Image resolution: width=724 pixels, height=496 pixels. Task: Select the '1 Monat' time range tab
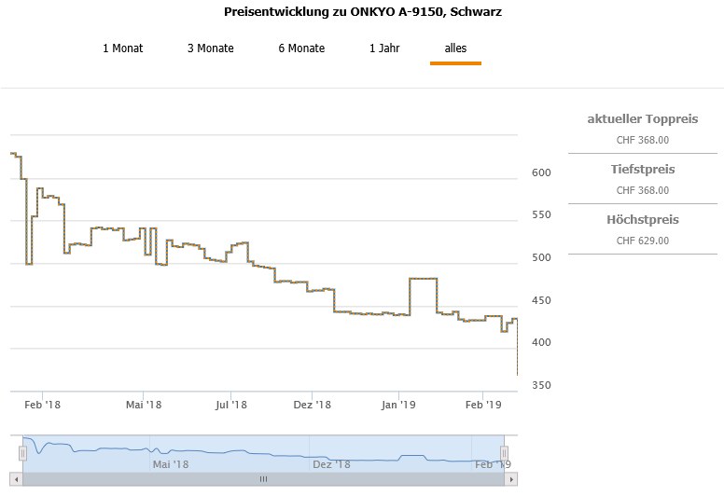[x=123, y=48]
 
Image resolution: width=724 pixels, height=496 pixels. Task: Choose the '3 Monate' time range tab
[x=211, y=48]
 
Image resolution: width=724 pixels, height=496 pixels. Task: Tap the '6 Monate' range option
[x=301, y=48]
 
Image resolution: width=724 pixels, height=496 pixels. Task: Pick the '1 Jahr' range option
[x=384, y=48]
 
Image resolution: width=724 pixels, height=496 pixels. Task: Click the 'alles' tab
[x=455, y=48]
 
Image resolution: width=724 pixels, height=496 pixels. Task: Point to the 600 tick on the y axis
[x=542, y=173]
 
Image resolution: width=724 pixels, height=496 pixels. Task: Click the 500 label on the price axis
[x=542, y=258]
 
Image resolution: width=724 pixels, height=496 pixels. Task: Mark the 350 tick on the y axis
[x=542, y=386]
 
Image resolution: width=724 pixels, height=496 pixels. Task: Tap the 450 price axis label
[x=542, y=301]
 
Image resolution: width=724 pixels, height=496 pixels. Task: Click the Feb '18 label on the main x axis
[x=42, y=405]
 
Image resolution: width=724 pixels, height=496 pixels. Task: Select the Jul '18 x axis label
[x=230, y=405]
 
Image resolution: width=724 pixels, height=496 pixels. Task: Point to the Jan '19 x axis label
[x=398, y=405]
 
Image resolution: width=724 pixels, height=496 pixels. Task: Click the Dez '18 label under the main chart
[x=313, y=405]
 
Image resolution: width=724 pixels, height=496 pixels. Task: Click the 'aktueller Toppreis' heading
[x=643, y=119]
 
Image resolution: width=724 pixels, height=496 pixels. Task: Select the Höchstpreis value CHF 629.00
[x=643, y=241]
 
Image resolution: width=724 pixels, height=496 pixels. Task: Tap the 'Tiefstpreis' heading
[x=643, y=170]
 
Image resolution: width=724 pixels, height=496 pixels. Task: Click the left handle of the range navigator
[x=22, y=453]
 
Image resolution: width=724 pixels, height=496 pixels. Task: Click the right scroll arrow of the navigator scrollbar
[x=510, y=479]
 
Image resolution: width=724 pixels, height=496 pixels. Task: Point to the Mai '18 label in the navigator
[x=171, y=463]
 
